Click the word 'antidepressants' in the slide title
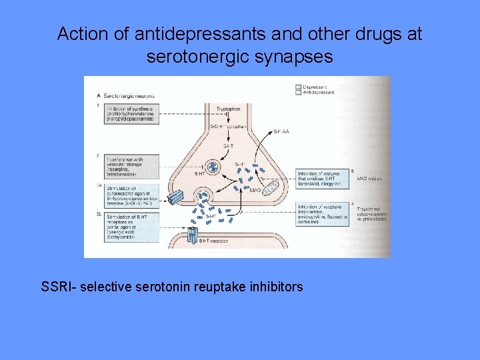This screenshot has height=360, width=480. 173,34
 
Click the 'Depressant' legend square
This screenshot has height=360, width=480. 298,87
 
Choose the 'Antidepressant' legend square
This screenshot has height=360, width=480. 298,93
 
